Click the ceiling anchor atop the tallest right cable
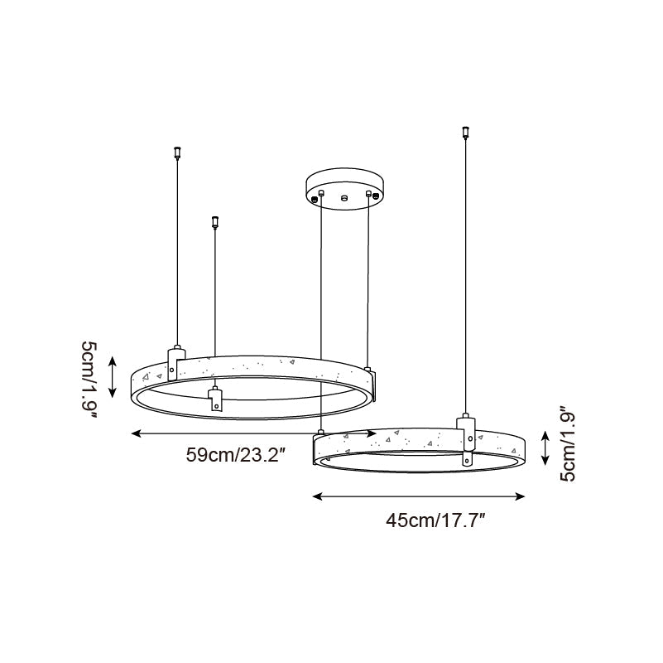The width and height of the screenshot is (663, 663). coord(464,131)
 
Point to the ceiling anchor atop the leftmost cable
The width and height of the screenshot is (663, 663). coord(175,152)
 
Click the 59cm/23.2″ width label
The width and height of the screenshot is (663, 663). coord(236,454)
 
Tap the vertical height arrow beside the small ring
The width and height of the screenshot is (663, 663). coord(544,448)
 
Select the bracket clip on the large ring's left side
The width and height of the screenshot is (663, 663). coord(174,361)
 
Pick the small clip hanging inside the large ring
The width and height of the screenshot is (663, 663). coord(215,398)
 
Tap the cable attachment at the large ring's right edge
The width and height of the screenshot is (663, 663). coord(368,369)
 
